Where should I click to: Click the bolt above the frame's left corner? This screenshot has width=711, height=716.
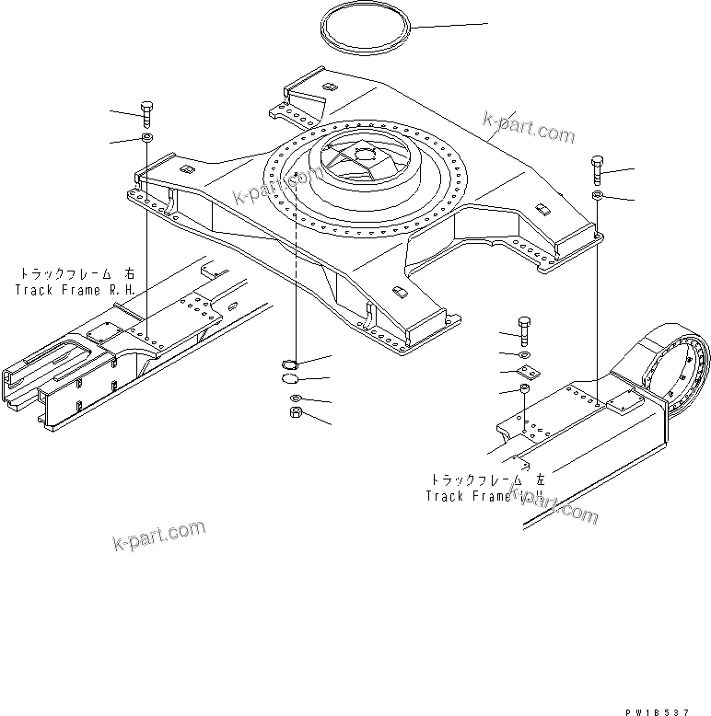click(x=147, y=112)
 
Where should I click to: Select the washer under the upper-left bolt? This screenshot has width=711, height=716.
click(x=147, y=138)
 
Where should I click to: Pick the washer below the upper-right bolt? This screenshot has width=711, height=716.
click(x=598, y=196)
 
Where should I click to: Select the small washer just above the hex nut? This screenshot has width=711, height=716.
click(x=295, y=397)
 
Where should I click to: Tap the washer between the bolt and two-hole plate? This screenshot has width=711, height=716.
click(x=524, y=354)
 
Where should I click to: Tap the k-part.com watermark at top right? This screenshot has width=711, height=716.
click(x=528, y=129)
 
